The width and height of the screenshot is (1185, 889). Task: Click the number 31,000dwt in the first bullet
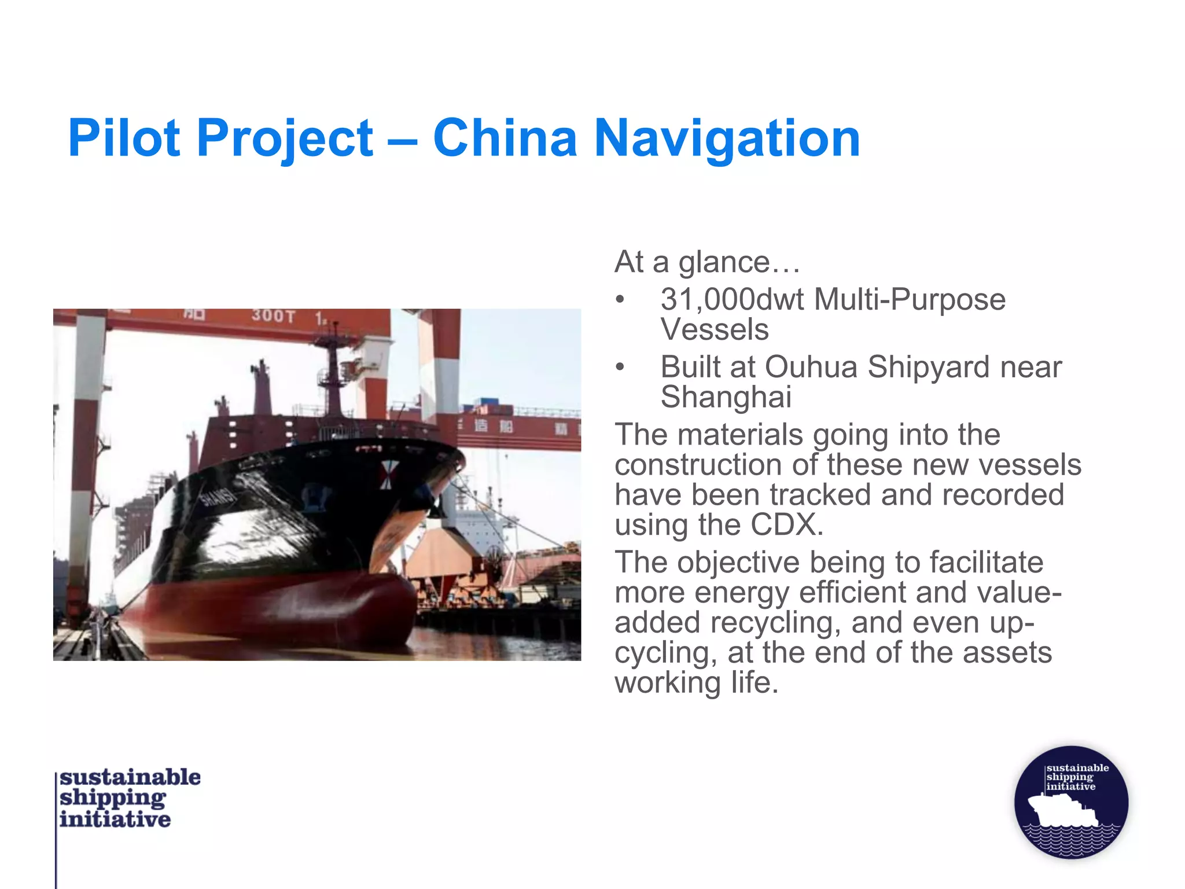(x=732, y=300)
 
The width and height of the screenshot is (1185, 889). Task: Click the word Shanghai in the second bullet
(x=726, y=397)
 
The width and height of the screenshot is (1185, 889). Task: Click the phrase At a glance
(x=706, y=262)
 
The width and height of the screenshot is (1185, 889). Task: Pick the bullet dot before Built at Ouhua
(x=620, y=367)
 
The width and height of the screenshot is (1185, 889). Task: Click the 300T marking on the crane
(x=273, y=316)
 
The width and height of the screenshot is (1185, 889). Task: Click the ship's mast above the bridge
(x=332, y=370)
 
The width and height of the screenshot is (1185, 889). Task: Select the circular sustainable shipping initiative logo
(x=1071, y=802)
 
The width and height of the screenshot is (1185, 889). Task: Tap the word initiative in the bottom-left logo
(x=115, y=819)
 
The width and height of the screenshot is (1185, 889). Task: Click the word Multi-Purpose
(x=910, y=300)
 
